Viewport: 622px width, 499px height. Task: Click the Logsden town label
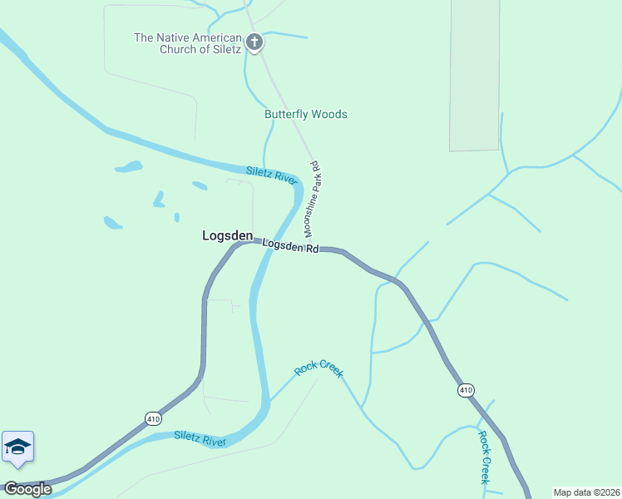click(227, 236)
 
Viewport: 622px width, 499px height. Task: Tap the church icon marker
click(254, 41)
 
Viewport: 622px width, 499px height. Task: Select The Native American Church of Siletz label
click(188, 43)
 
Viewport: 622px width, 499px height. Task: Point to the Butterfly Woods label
click(305, 114)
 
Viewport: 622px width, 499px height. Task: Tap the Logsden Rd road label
click(290, 246)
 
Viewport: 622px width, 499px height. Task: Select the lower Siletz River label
click(200, 438)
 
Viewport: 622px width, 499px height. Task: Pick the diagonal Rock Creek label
click(318, 368)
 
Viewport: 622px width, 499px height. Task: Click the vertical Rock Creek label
click(484, 457)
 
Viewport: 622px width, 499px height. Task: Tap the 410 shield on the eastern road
click(465, 389)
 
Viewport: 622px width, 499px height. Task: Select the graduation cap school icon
click(17, 447)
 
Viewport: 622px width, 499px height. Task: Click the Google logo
click(27, 489)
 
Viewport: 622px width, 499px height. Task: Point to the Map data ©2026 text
click(585, 492)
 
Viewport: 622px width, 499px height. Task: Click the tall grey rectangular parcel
click(475, 75)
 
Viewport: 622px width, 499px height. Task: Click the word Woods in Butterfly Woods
click(330, 114)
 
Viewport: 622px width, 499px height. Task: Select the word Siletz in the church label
click(224, 49)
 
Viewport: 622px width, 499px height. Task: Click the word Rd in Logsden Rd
click(312, 248)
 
